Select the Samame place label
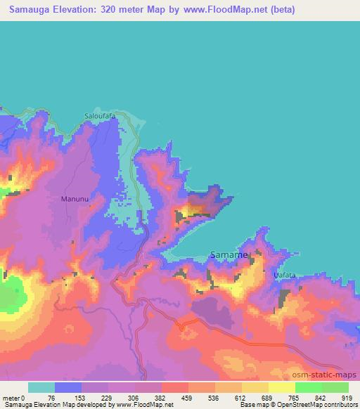click(229, 255)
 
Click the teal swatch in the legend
click(41, 387)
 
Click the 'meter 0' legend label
click(13, 397)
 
